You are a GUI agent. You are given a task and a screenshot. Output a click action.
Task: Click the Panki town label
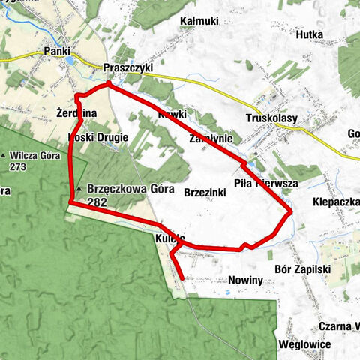pos(58,51)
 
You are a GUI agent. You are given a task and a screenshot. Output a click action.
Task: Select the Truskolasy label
pos(271,118)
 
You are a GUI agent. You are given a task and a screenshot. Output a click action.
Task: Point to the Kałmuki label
pos(199,20)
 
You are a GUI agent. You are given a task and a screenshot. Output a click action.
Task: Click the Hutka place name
pos(309,34)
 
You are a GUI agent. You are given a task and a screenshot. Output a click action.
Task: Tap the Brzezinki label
pos(205,192)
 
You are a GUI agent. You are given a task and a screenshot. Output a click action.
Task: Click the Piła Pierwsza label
pos(266,183)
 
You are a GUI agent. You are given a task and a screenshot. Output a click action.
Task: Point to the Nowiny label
pos(244,280)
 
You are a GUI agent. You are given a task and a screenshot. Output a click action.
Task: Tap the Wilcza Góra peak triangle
pos(5,156)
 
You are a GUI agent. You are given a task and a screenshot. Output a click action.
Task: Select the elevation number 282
pos(97,202)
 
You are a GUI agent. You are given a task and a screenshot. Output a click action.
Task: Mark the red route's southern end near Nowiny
pos(183,279)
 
